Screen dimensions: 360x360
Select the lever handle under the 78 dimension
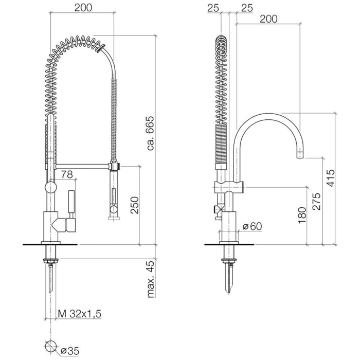point(71,201)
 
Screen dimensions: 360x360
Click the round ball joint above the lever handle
point(50,187)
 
